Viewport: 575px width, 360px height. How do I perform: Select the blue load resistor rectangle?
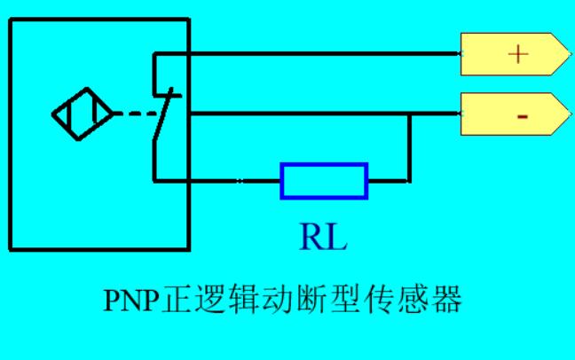pyautogui.click(x=324, y=181)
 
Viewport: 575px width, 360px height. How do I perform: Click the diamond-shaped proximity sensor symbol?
pyautogui.click(x=83, y=113)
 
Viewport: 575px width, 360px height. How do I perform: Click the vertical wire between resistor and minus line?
pyautogui.click(x=409, y=147)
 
